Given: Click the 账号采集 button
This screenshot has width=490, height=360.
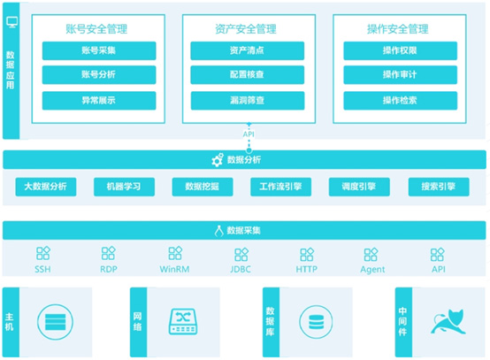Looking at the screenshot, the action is pos(99,50).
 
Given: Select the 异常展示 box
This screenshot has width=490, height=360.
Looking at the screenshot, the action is pos(99,100).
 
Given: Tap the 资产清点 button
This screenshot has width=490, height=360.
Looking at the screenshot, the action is pos(247,50).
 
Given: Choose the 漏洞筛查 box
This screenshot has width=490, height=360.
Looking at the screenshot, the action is pos(248,100).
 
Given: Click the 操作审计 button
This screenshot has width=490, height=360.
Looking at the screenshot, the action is pos(401,74).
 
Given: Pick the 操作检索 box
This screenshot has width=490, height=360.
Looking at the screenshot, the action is pos(401,100).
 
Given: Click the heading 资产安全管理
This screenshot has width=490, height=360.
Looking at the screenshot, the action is pos(246,29).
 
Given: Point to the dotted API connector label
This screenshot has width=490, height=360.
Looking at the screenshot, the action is pos(249,134).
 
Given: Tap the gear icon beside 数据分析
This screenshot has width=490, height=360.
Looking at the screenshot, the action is pos(218,160).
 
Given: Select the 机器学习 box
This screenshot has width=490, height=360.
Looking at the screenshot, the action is pos(124,187).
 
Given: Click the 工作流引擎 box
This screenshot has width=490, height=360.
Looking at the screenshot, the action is pos(280,187).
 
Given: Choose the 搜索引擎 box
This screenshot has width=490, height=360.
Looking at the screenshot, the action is pos(439,187).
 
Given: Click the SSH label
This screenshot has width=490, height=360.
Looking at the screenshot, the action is pos(42,269).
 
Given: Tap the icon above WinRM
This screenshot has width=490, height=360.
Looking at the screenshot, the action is pos(175,253).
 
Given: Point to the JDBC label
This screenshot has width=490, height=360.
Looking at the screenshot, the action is pos(241,269).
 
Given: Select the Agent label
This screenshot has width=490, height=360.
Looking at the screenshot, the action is pos(372,270).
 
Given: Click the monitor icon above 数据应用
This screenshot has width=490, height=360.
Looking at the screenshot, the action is pos(12,22).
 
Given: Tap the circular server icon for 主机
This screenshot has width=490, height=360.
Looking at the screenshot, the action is pos(56,322).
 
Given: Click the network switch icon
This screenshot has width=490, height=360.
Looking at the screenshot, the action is pos(183,322).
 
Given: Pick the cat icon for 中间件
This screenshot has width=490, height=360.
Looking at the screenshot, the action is pos(448,322).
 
